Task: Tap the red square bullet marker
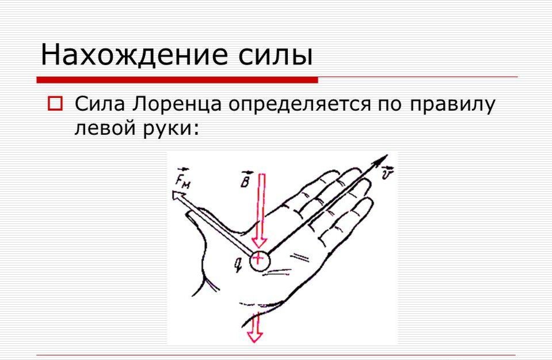point(55,104)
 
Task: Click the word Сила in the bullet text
point(100,104)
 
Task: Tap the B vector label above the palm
point(246,179)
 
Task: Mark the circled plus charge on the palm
point(260,261)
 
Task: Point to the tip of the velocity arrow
point(387,154)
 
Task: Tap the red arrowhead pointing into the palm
point(260,242)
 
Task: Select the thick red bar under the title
point(177,80)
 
